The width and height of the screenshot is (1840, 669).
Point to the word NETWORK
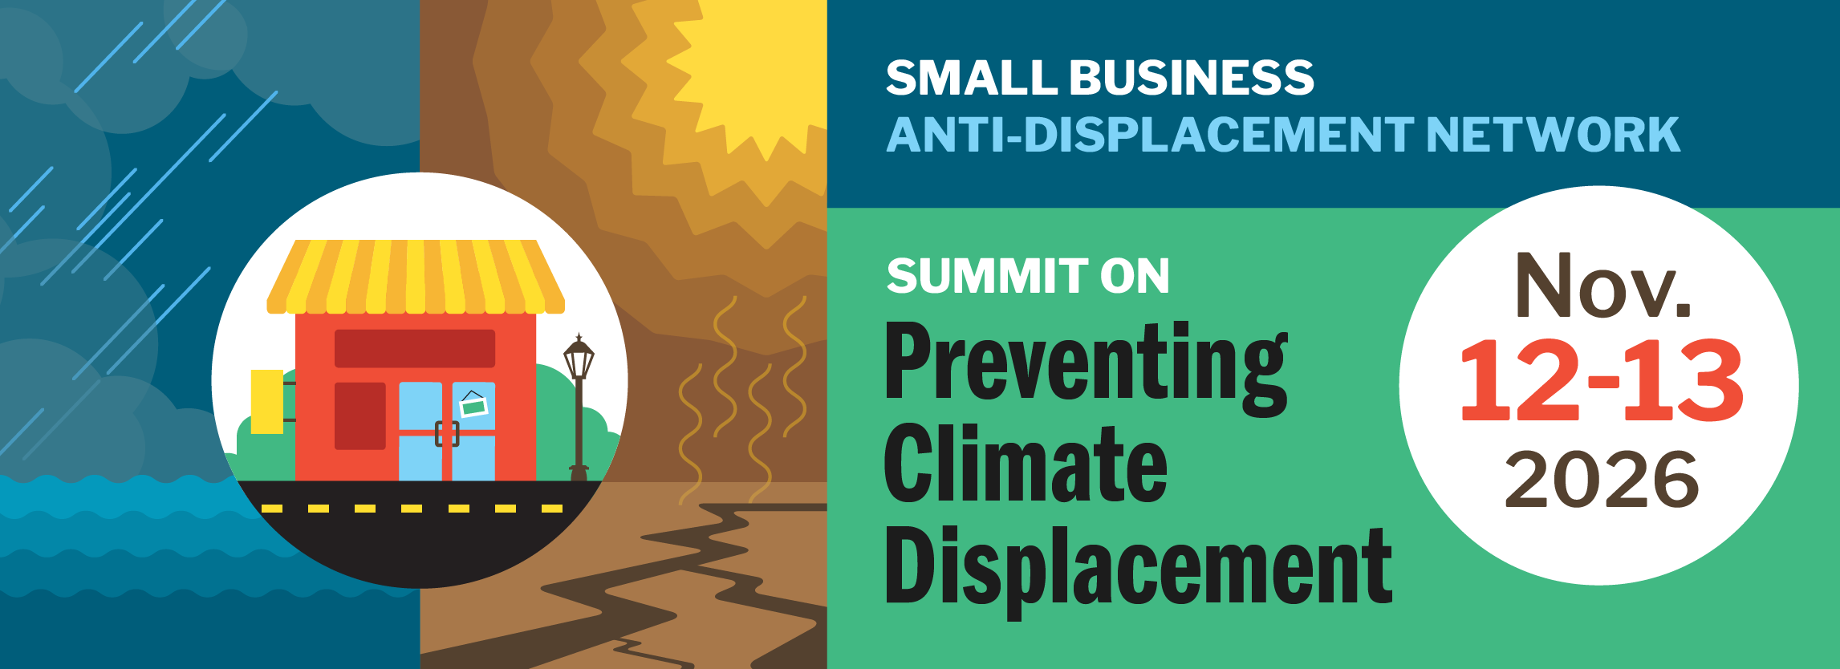pyautogui.click(x=1553, y=135)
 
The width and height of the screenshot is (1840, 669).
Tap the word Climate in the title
pyautogui.click(x=1026, y=465)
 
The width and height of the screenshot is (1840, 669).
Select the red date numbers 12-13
pyautogui.click(x=1601, y=380)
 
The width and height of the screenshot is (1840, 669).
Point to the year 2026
pyautogui.click(x=1602, y=480)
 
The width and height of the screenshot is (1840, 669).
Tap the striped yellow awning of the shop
pyautogui.click(x=415, y=277)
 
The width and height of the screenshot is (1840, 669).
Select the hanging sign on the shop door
pyautogui.click(x=473, y=405)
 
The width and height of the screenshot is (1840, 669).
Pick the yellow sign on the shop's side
pyautogui.click(x=267, y=401)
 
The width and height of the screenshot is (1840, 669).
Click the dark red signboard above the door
pyautogui.click(x=415, y=348)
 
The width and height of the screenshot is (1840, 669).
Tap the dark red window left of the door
pyautogui.click(x=360, y=416)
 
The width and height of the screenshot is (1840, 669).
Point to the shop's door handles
pyautogui.click(x=447, y=433)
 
